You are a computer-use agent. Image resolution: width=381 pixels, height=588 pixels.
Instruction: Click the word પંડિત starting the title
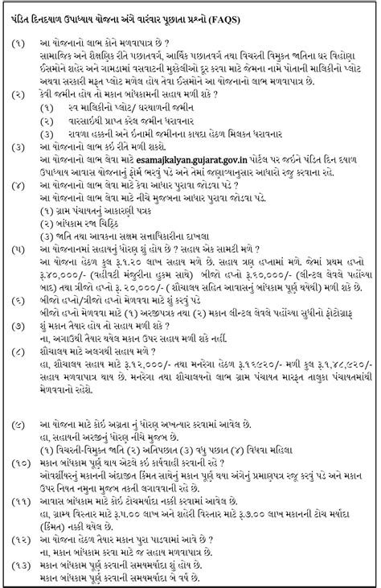coord(27,15)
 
